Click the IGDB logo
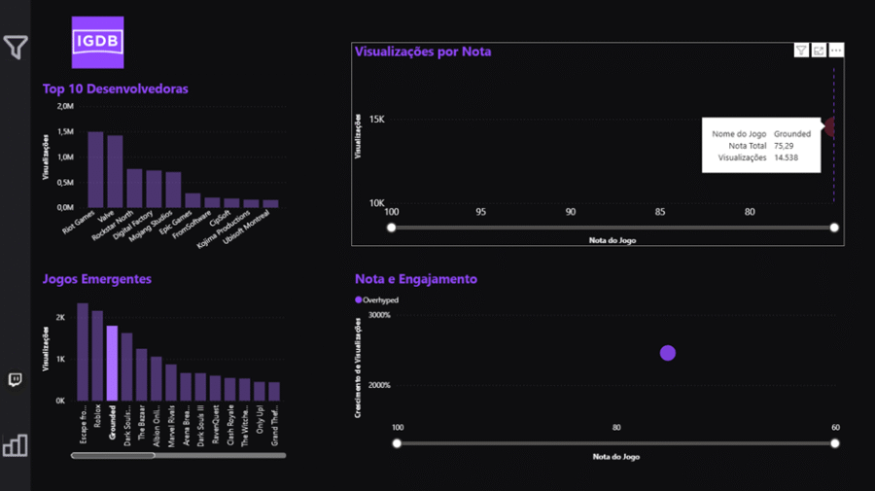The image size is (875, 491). [x=98, y=43]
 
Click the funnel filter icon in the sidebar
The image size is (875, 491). [x=16, y=47]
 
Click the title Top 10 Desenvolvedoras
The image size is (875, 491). [x=115, y=88]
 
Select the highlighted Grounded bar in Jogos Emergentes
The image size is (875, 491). [x=112, y=363]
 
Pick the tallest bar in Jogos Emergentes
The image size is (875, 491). [x=83, y=351]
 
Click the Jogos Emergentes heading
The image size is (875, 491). [x=96, y=279]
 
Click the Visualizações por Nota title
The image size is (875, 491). [x=423, y=52]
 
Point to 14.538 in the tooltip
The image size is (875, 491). [x=786, y=157]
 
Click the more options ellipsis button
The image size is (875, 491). [x=836, y=51]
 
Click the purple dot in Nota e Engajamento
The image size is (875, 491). [x=668, y=353]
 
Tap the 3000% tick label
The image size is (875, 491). [x=378, y=315]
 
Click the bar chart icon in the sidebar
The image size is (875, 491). [x=16, y=445]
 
